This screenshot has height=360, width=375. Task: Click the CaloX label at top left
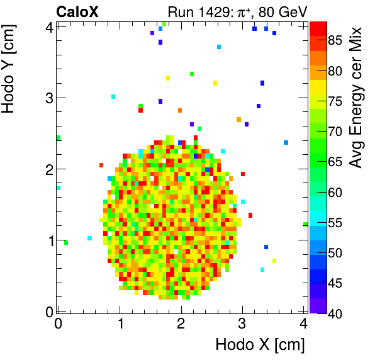click(77, 11)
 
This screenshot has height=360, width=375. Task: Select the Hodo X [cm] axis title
click(260, 345)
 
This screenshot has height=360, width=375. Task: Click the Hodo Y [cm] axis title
click(9, 68)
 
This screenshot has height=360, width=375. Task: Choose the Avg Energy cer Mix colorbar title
click(356, 98)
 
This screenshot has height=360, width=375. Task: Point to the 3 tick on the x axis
click(243, 323)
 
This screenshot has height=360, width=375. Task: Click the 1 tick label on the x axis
click(120, 323)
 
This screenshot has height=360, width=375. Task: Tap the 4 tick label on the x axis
click(304, 323)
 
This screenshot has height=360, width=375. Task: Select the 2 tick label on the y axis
click(48, 169)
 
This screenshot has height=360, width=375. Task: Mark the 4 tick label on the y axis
click(48, 26)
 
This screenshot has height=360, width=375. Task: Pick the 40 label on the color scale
click(335, 313)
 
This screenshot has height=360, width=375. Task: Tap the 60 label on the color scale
click(335, 192)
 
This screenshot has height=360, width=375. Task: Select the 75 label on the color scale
click(335, 101)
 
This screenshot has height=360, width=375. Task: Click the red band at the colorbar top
click(318, 26)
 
